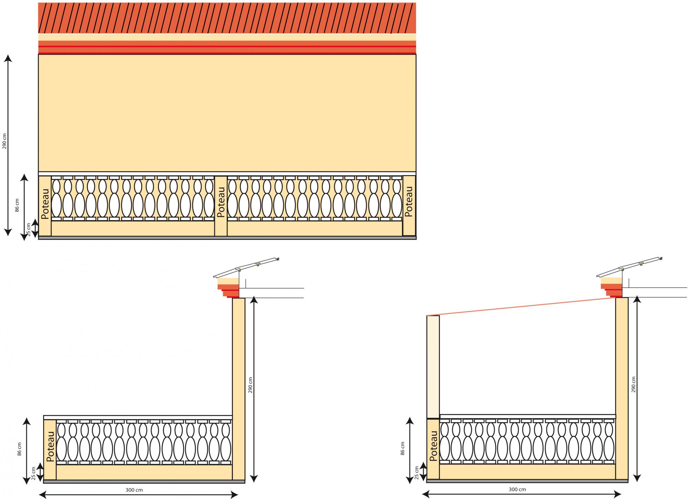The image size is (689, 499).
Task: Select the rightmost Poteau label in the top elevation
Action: (409, 201)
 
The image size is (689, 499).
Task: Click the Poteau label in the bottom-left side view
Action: (50, 446)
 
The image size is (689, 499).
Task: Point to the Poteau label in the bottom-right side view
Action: (433, 446)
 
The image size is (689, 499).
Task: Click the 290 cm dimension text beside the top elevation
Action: (5, 141)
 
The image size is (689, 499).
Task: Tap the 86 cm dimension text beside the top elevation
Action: (17, 205)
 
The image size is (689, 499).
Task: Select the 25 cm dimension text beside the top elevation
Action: (29, 230)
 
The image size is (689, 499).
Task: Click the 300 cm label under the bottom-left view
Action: (134, 490)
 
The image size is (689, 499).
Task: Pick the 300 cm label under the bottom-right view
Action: (517, 489)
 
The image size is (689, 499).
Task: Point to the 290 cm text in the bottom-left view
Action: (250, 385)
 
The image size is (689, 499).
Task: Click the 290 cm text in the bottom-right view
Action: (634, 384)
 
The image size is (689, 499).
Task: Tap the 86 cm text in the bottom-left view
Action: (19, 449)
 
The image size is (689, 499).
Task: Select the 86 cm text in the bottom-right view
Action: (402, 449)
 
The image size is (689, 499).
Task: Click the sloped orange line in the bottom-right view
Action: (520, 307)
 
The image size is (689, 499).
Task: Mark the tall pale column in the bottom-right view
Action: (433, 367)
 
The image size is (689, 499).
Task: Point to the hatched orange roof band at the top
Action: (227, 18)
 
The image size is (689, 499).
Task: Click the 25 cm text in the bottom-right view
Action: (417, 473)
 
